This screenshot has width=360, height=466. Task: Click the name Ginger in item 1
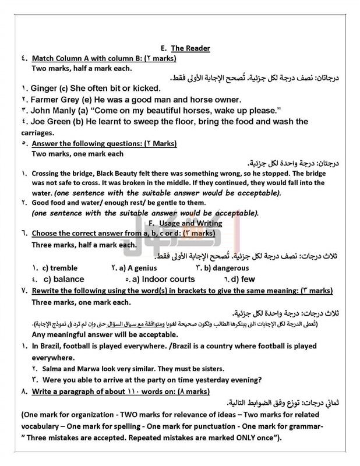(x=32, y=89)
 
